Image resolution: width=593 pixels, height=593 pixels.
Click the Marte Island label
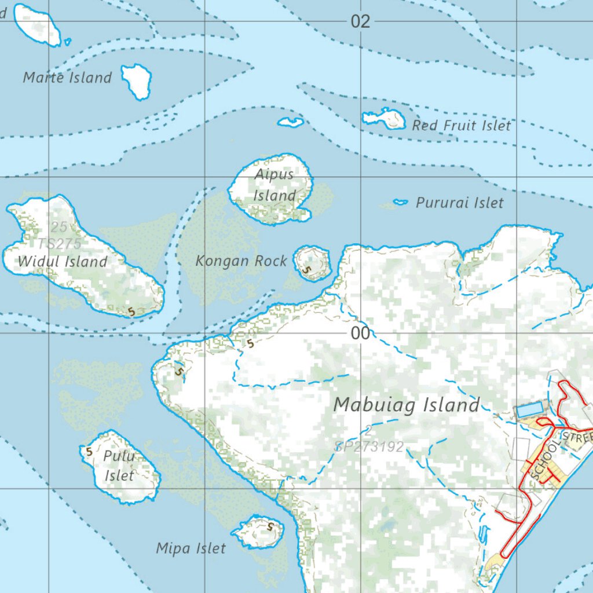pyautogui.click(x=67, y=78)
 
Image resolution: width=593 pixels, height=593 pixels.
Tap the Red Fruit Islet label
pyautogui.click(x=462, y=125)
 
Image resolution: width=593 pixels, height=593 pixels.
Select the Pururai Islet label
pyautogui.click(x=460, y=203)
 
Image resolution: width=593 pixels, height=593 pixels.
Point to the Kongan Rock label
pyautogui.click(x=241, y=261)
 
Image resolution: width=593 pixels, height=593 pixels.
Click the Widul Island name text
pyautogui.click(x=63, y=262)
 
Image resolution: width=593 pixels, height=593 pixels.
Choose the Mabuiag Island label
pyautogui.click(x=407, y=405)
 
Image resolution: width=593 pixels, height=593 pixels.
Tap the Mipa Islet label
pyautogui.click(x=191, y=548)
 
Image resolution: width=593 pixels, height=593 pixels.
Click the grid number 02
pyautogui.click(x=360, y=22)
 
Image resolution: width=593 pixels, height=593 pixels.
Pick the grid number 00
pyautogui.click(x=360, y=334)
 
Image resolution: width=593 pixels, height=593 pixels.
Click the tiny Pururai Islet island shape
pyautogui.click(x=400, y=202)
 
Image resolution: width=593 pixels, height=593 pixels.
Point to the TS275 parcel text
pyautogui.click(x=60, y=243)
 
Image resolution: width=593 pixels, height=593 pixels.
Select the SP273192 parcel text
pyautogui.click(x=369, y=447)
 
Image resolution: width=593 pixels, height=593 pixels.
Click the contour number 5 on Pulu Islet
pyautogui.click(x=89, y=451)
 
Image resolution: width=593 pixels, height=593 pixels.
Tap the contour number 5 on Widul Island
pyautogui.click(x=131, y=312)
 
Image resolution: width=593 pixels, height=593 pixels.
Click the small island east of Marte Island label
pyautogui.click(x=137, y=80)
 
